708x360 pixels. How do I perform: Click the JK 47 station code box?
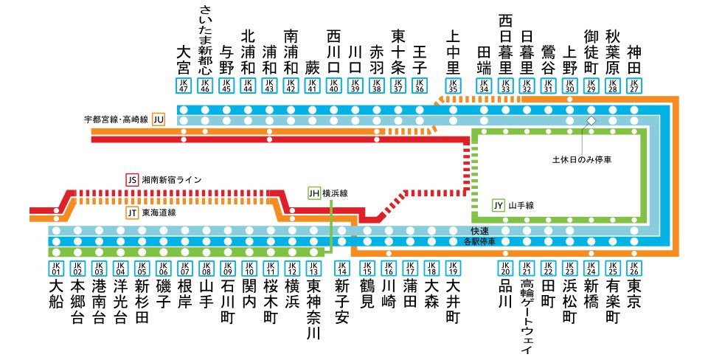[184, 86]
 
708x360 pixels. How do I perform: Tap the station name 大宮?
[184, 60]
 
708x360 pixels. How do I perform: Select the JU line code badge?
[159, 119]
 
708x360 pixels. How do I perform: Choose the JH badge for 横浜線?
[314, 193]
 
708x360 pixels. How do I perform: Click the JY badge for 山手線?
[499, 205]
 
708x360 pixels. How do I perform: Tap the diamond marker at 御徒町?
[590, 120]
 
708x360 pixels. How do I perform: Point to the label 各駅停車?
[480, 241]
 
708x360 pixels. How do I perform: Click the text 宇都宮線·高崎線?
[117, 119]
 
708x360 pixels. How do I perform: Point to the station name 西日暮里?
[505, 44]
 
